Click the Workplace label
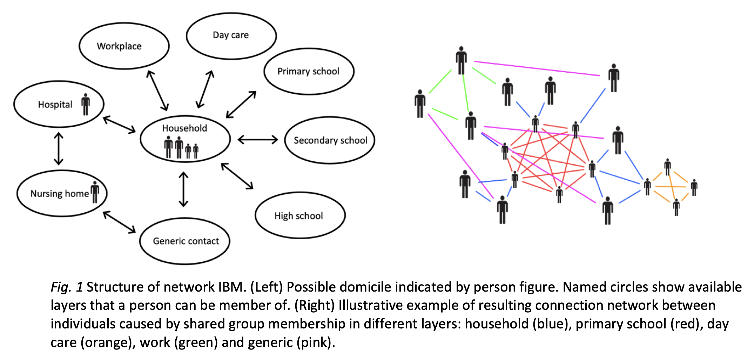pyautogui.click(x=119, y=46)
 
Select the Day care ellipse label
pyautogui.click(x=231, y=35)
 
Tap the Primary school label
pyautogui.click(x=308, y=71)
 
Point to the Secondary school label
pyautogui.click(x=330, y=140)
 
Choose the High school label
pyautogui.click(x=298, y=216)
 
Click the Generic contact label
pyautogui.click(x=186, y=241)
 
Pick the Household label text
pyautogui.click(x=184, y=128)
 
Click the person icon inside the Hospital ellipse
pyautogui.click(x=86, y=104)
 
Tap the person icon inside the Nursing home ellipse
pyautogui.click(x=95, y=192)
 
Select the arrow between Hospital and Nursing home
pyautogui.click(x=59, y=149)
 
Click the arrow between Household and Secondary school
pyautogui.click(x=258, y=140)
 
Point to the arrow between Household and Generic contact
pyautogui.click(x=183, y=189)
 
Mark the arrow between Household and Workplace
pyautogui.click(x=158, y=91)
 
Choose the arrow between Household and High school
pyautogui.click(x=237, y=176)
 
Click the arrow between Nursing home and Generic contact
pyautogui.click(x=120, y=222)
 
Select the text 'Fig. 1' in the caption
pyautogui.click(x=67, y=287)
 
